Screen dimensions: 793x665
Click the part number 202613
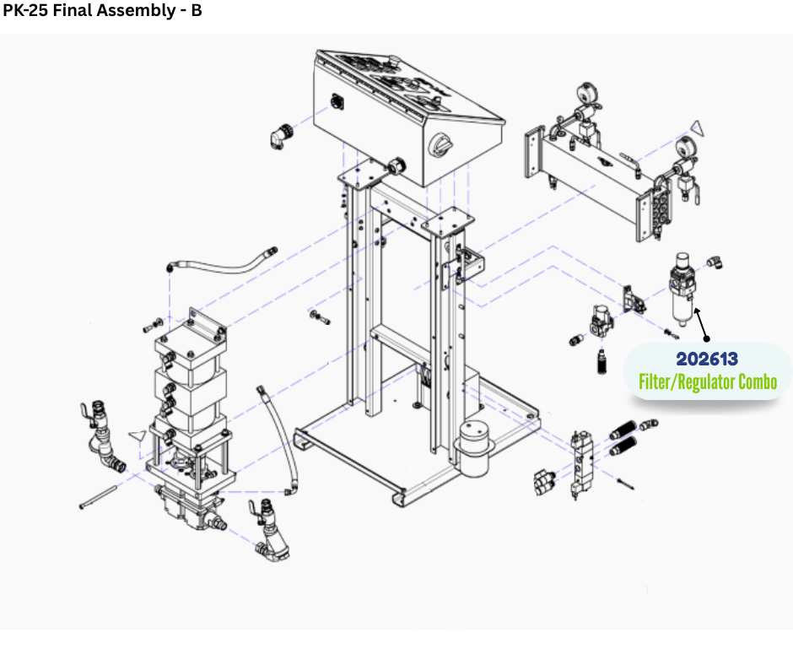click(x=706, y=359)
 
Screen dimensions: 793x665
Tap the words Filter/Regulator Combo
click(x=708, y=382)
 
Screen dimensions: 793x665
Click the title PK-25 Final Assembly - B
click(x=102, y=10)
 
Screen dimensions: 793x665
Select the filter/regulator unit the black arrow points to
click(x=681, y=289)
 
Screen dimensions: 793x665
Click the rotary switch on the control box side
click(x=441, y=146)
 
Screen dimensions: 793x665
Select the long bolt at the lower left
click(x=99, y=496)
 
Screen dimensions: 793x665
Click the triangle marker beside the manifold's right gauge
click(x=698, y=128)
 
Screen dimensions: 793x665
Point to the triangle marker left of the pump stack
click(x=138, y=435)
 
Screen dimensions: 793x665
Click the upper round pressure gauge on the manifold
click(x=586, y=93)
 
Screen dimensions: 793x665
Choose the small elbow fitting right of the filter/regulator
click(x=715, y=262)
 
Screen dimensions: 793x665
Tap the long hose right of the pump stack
click(x=278, y=441)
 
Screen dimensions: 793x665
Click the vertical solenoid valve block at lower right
click(x=578, y=465)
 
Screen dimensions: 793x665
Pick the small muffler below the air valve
click(x=601, y=361)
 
